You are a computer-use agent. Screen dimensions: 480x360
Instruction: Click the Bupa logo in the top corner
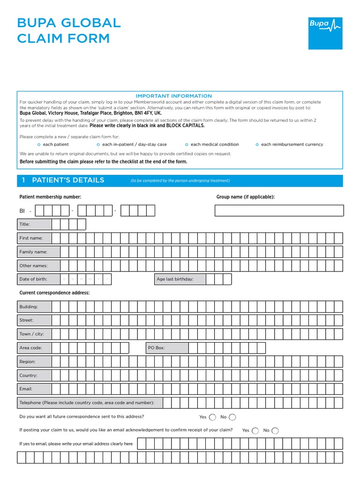tap(325, 33)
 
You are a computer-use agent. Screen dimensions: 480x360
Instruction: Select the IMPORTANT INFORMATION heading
tap(173, 96)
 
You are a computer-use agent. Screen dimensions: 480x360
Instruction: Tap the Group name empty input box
tap(279, 210)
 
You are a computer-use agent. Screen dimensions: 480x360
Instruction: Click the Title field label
tap(24, 225)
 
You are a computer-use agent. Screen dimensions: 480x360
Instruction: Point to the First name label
tap(31, 238)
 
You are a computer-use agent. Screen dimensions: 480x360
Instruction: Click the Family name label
tap(33, 252)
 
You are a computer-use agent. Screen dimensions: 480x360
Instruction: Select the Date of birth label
tap(33, 279)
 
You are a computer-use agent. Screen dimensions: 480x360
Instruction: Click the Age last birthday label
tap(175, 279)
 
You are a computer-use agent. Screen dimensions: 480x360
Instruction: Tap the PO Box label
tap(156, 348)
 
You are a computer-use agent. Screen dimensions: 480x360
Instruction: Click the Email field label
tap(26, 389)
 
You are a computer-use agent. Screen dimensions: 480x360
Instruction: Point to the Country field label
tap(28, 375)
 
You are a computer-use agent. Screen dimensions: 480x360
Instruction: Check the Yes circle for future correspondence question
tap(212, 417)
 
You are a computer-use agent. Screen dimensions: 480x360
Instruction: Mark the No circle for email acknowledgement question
tap(275, 431)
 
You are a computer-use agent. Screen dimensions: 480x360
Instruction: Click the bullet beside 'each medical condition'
tap(187, 144)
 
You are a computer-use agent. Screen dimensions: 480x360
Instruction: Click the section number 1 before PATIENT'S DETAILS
tap(23, 180)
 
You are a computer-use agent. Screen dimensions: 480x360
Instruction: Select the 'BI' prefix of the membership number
tap(22, 211)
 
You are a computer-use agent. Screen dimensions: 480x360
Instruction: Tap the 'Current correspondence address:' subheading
tap(54, 293)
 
